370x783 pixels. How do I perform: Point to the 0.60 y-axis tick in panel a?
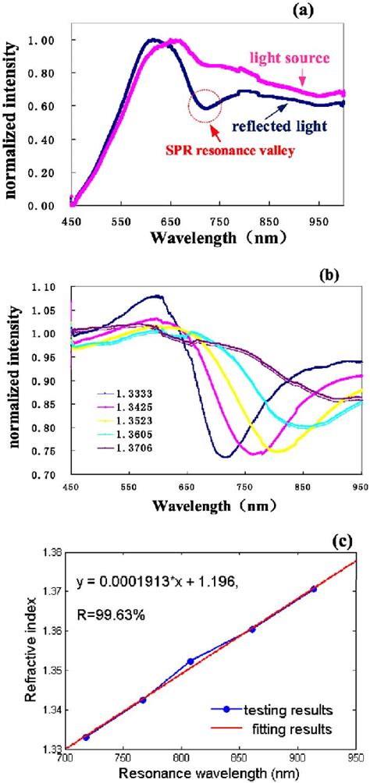coord(52,105)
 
